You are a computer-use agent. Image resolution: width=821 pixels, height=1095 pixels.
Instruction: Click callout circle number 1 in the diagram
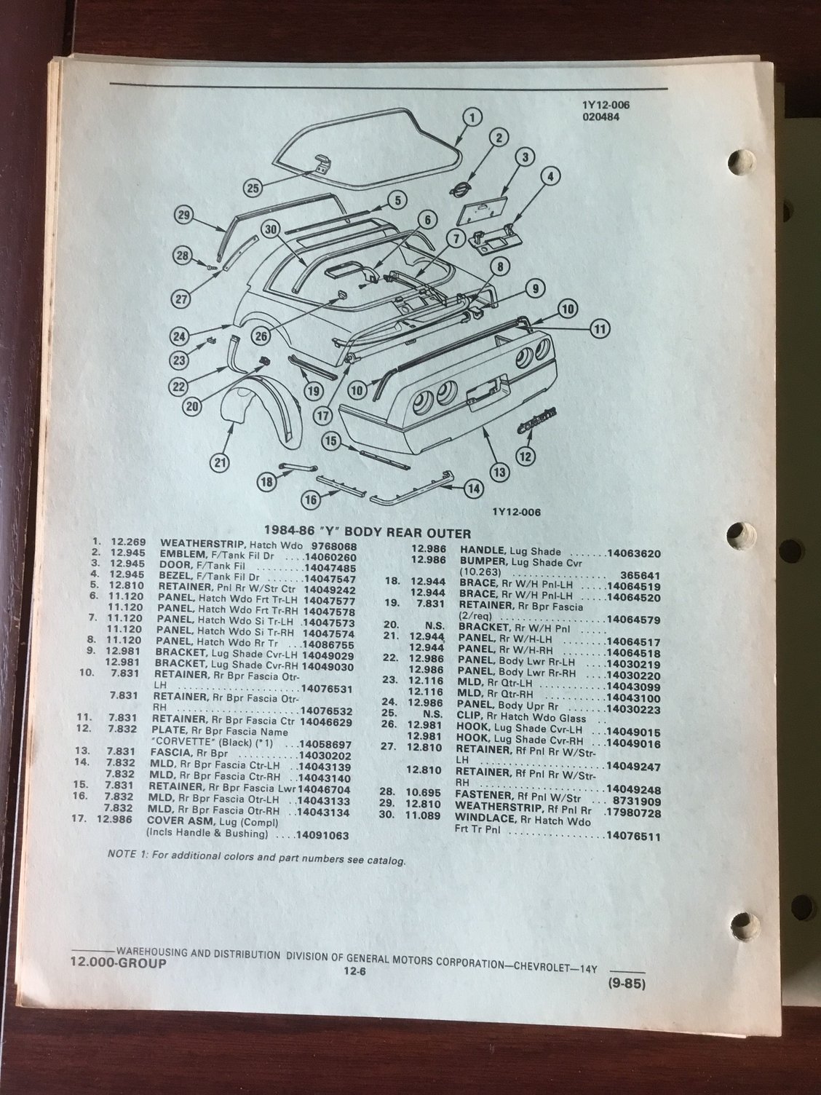(x=471, y=116)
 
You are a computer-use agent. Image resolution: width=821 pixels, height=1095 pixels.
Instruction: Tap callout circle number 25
(x=253, y=187)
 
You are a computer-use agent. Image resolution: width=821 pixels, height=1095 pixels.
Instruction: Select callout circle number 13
(x=499, y=472)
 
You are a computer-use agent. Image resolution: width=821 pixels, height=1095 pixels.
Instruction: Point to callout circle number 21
(x=220, y=461)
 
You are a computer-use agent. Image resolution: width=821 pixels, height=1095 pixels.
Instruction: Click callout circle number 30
(x=273, y=229)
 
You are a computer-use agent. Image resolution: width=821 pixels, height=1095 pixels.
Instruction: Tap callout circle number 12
(x=524, y=456)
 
